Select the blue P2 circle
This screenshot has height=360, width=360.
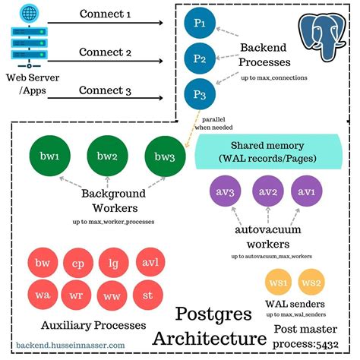tap(200, 58)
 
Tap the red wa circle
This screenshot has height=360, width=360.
tap(43, 294)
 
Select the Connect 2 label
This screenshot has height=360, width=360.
tap(106, 52)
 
